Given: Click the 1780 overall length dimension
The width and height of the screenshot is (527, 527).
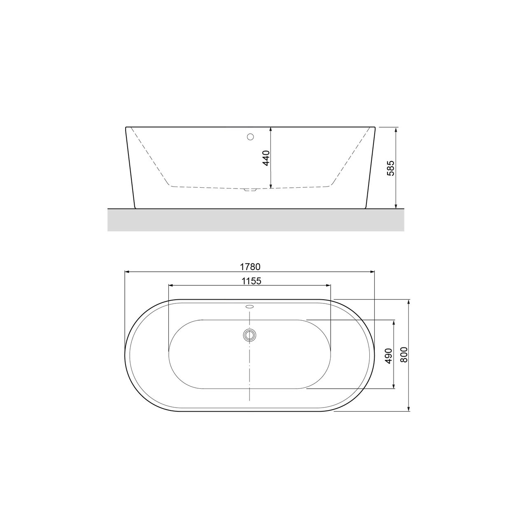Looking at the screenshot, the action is [x=250, y=267].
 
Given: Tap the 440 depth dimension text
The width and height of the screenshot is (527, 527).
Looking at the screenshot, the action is [x=266, y=158].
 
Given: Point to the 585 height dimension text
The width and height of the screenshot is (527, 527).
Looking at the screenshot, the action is [x=392, y=168].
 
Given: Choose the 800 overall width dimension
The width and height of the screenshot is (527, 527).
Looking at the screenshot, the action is [x=403, y=355].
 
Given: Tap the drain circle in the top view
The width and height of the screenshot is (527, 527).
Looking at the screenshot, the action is [x=250, y=335].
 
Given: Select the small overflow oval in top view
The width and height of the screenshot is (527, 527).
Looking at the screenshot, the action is [x=250, y=306].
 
